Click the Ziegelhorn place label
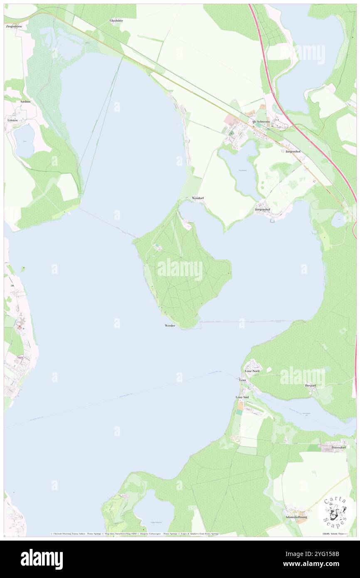click(x=14, y=26)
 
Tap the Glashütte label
click(x=117, y=20)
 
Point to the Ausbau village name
click(x=25, y=101)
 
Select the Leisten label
click(x=12, y=120)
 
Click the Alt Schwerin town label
click(x=261, y=121)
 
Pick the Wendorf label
click(x=198, y=198)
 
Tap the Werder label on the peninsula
click(x=170, y=325)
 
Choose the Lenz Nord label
click(x=252, y=371)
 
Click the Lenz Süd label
click(x=242, y=398)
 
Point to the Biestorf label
click(x=311, y=385)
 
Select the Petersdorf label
click(x=338, y=447)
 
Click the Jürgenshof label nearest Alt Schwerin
click(x=293, y=152)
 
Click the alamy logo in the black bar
click(x=42, y=559)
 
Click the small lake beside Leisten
click(x=24, y=141)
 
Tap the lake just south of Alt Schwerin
click(x=240, y=168)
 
